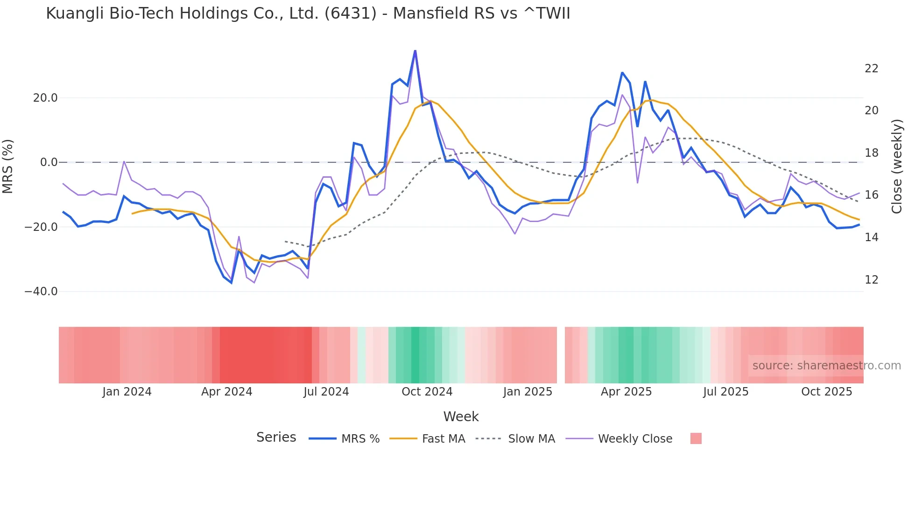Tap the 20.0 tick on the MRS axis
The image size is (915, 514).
point(45,98)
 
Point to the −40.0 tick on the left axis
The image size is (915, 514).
point(41,292)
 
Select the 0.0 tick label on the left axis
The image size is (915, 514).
point(49,162)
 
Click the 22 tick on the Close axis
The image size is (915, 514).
point(871,69)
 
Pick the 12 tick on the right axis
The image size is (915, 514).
point(871,280)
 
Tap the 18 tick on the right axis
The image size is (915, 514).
point(871,153)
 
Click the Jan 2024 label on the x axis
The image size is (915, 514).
point(127,392)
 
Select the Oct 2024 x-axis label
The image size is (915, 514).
point(427,392)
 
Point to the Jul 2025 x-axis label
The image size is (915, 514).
point(725,392)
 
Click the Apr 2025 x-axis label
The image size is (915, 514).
point(626,392)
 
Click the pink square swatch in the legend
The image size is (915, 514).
point(696,438)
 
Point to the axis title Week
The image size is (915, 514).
point(461,417)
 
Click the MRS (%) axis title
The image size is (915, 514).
point(8,166)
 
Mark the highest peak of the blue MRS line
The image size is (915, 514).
point(415,51)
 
